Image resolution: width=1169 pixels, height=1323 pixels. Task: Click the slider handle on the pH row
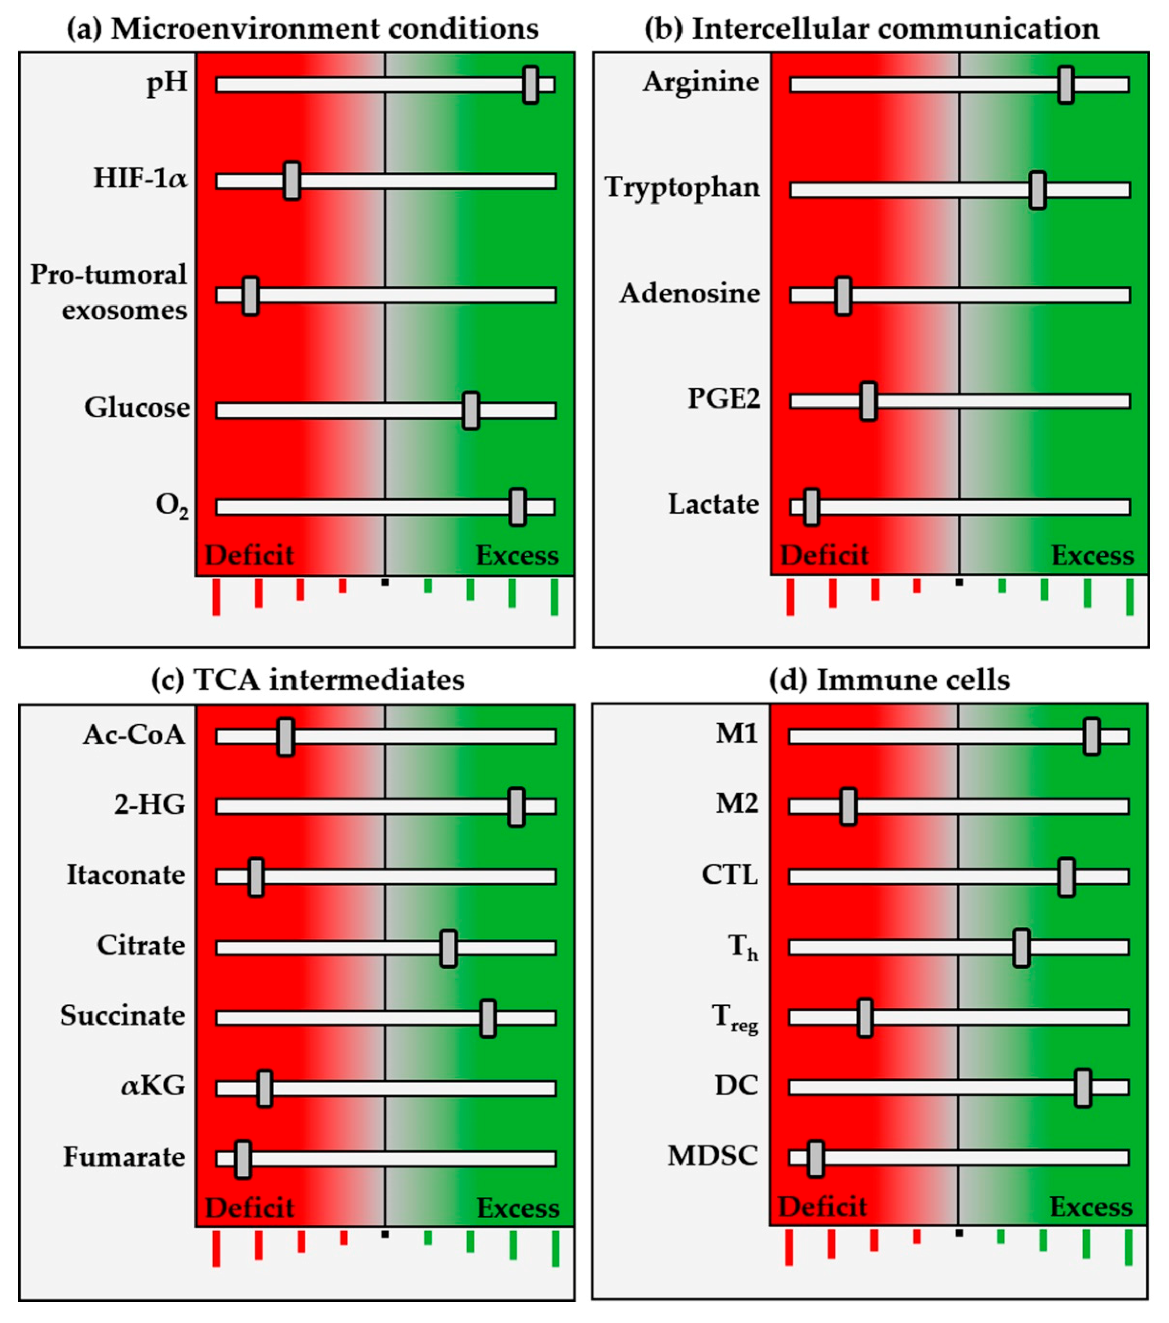(530, 84)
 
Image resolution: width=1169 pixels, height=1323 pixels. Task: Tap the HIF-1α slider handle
(292, 180)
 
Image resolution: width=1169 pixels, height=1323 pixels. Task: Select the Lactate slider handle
(811, 507)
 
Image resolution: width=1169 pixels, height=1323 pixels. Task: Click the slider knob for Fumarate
(243, 1159)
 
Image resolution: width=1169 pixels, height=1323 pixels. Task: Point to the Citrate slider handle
(448, 948)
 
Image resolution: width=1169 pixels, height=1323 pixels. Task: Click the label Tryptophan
(681, 188)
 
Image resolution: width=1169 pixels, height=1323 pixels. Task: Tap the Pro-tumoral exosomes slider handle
(250, 296)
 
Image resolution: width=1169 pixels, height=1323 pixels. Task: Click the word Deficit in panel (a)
(249, 555)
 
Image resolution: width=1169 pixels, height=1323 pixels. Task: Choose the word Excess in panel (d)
(1091, 1207)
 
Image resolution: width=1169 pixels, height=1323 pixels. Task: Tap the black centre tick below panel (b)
(959, 582)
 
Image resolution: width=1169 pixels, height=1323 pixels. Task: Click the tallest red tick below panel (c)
(216, 1249)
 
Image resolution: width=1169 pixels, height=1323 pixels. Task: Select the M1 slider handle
(1091, 736)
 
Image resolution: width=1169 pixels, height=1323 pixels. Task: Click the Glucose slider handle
(471, 411)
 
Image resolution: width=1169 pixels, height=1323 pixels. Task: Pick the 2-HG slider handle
(516, 806)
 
